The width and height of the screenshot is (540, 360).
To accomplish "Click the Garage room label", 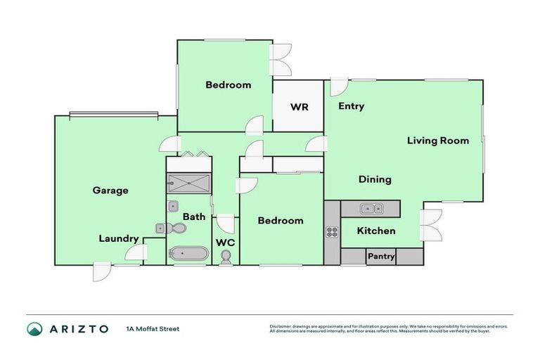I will tap(110, 190).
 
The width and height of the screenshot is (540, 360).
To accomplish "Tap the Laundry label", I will tap(118, 238).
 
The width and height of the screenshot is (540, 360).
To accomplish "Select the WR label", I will tap(297, 108).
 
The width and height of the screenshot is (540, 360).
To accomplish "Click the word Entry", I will tap(351, 106).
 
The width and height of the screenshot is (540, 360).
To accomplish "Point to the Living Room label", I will tap(437, 141).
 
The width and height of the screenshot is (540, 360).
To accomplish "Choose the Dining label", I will tap(375, 179).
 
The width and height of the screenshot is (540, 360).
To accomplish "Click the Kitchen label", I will tap(376, 231).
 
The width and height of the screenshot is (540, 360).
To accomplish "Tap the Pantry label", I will tap(381, 257).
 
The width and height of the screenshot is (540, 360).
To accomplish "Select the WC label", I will tap(225, 243).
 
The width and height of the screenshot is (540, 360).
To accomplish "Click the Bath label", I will tap(194, 217).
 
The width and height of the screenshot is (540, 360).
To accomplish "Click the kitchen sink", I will tap(370, 208).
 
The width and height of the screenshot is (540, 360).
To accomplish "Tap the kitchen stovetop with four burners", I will tap(331, 232).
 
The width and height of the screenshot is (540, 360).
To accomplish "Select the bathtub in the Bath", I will tap(187, 254).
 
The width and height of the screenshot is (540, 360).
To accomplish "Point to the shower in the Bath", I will tap(188, 183).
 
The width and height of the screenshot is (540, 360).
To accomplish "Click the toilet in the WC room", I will tap(225, 258).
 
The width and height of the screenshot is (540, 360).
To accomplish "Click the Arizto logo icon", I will tap(34, 328).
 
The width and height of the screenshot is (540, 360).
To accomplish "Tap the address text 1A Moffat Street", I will tap(153, 328).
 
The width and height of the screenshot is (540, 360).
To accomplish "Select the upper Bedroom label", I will tap(228, 85).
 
